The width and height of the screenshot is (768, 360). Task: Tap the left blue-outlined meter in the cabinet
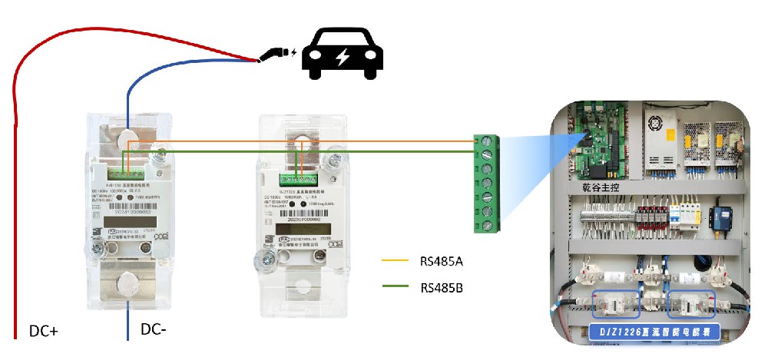pos(614,304)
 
